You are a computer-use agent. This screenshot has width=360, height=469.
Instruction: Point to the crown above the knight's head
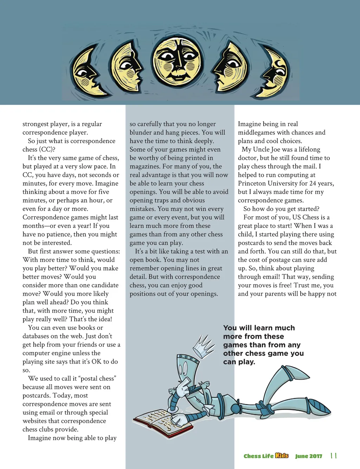pos(204,346)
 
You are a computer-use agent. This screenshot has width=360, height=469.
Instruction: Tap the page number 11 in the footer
pos(334,456)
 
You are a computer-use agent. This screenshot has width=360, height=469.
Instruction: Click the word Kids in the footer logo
pos(282,456)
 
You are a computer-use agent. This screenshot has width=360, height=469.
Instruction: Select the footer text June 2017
pos(309,456)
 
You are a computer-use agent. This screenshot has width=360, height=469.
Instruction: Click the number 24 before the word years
pos(313,184)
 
